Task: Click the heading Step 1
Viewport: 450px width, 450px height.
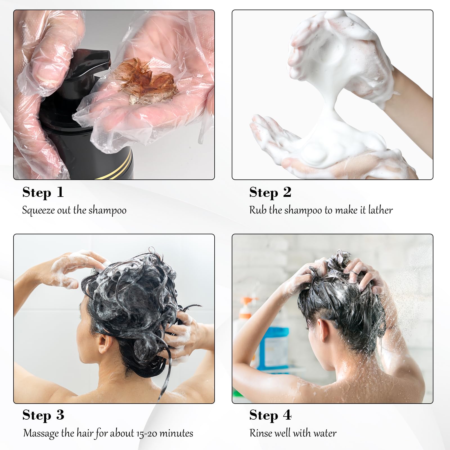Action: point(43,193)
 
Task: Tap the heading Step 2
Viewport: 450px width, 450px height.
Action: point(270,193)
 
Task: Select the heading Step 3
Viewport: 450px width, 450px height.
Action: point(43,415)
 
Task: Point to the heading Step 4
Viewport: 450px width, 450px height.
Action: point(270,415)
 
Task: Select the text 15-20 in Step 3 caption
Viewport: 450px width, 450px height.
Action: point(147,433)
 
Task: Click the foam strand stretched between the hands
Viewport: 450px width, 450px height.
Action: point(332,107)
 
